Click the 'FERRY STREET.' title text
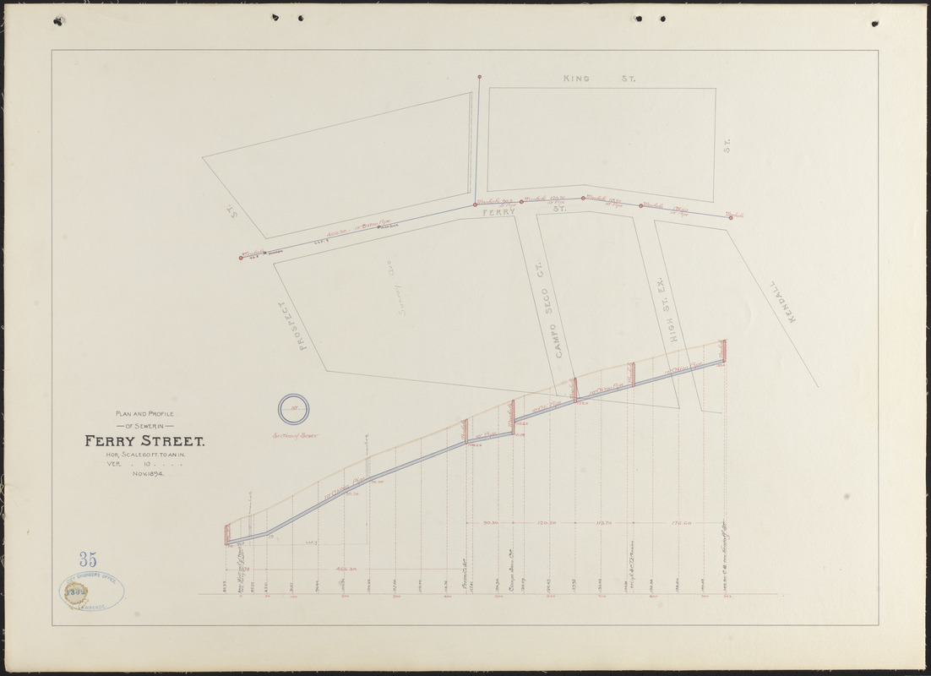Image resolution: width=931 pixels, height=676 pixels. click(x=143, y=440)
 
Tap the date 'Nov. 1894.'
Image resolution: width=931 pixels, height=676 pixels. click(x=147, y=474)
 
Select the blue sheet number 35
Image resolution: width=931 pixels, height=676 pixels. click(x=87, y=559)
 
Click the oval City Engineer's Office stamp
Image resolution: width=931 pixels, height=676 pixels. click(x=93, y=590)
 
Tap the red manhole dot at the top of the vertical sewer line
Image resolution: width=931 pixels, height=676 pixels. click(x=479, y=78)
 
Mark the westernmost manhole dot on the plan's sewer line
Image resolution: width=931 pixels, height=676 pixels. click(x=240, y=258)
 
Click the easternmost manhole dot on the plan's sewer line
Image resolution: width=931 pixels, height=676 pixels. click(x=731, y=217)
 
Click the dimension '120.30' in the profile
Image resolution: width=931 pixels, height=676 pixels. click(x=546, y=524)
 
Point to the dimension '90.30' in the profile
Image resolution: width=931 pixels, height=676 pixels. click(x=489, y=524)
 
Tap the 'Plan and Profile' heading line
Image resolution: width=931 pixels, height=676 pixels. click(x=144, y=413)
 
